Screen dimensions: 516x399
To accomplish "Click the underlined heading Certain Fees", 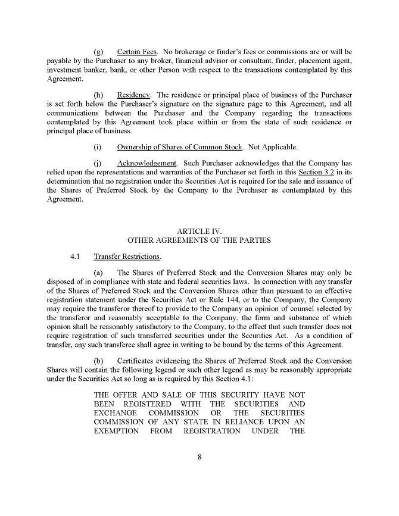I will pyautogui.click(x=136, y=52).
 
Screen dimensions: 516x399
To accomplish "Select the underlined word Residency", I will pyautogui.click(x=134, y=95).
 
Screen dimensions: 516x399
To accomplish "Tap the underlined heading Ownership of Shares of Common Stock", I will pyautogui.click(x=180, y=147).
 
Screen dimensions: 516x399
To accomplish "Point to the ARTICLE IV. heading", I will pyautogui.click(x=199, y=230).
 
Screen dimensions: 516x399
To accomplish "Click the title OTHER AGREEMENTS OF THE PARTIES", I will pyautogui.click(x=199, y=240).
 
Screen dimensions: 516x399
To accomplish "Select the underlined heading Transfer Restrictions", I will pyautogui.click(x=127, y=257).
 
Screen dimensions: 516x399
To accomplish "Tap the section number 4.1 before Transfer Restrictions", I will pyautogui.click(x=74, y=257).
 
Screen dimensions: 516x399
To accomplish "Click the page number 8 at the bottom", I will pyautogui.click(x=199, y=457).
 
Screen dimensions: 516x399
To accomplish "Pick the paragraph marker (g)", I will pyautogui.click(x=99, y=52).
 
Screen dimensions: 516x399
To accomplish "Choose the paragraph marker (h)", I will pyautogui.click(x=99, y=95).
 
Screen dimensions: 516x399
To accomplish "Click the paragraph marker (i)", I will pyautogui.click(x=98, y=147).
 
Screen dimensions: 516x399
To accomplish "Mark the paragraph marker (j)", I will pyautogui.click(x=98, y=162).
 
